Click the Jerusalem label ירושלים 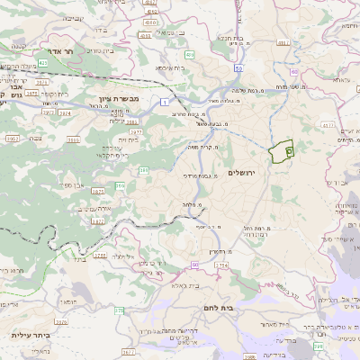[242, 172]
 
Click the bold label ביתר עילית [29, 334]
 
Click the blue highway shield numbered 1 [166, 102]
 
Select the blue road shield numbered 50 [238, 67]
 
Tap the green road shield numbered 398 [319, 346]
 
